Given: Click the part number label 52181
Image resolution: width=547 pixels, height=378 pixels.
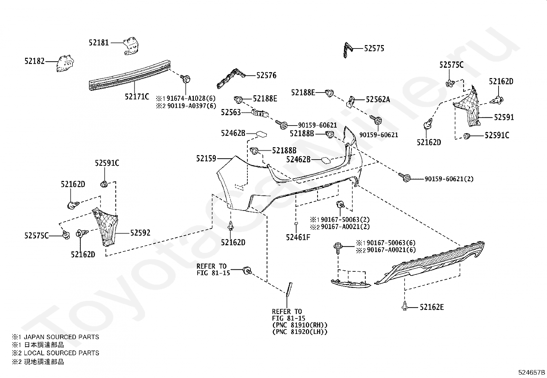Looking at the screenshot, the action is tap(99, 43).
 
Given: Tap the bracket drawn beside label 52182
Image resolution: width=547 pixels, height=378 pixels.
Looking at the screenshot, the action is tap(65, 64).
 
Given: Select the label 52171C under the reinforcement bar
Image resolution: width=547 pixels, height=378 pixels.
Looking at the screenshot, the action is tap(137, 97).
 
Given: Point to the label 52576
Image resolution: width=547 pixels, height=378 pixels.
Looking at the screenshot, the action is tap(266, 75).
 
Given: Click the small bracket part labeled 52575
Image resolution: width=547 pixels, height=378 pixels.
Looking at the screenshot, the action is tap(348, 50).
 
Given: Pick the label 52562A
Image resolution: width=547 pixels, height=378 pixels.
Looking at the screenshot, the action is tap(378, 99).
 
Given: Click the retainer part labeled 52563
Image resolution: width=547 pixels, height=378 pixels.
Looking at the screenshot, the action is tap(260, 113).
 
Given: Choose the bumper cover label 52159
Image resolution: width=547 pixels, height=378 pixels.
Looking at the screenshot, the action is tap(206, 159).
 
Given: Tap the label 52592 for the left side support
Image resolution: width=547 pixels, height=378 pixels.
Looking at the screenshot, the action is tap(140, 233).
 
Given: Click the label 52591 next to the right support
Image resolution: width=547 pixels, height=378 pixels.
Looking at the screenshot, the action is tap(504, 117).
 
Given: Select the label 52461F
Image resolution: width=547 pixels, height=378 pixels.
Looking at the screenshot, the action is tap(298, 237).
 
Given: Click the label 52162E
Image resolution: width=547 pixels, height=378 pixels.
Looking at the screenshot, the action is tap(432, 307).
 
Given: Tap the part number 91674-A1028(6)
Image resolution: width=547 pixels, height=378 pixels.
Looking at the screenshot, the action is tap(191, 98).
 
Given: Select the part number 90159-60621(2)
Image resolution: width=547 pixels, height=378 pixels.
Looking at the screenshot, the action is tap(449, 179).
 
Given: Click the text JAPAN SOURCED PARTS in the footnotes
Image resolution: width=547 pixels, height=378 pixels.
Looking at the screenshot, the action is tap(61, 337).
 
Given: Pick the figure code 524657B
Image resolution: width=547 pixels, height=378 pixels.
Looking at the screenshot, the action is tap(532, 372).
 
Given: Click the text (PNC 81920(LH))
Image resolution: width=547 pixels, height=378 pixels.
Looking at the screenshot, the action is tap(300, 332).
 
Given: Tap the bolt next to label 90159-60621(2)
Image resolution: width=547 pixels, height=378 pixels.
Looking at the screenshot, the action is tap(404, 177).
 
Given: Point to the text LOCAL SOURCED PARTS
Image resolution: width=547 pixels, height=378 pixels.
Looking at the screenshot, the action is tap(61, 353).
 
